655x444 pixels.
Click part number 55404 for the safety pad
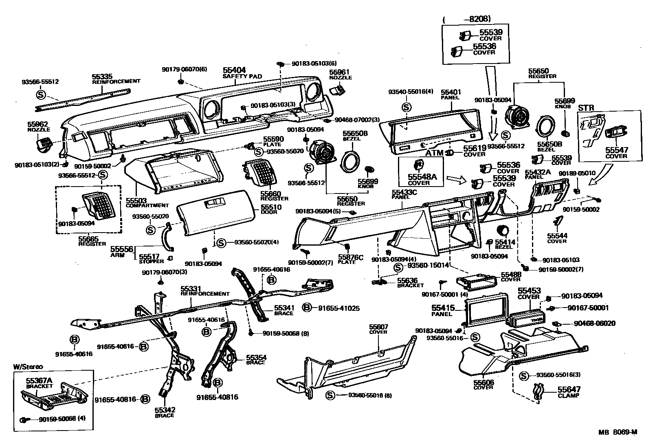point(234,70)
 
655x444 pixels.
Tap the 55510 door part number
point(271,207)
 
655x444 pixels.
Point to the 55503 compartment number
point(136,200)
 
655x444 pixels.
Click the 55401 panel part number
point(451,92)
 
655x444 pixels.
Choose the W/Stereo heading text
point(27,367)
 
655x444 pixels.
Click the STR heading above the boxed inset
point(586,108)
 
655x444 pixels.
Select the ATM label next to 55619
point(434,154)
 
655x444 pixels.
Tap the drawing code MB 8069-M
point(618,433)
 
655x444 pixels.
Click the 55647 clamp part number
point(569,389)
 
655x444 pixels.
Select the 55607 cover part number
point(379,327)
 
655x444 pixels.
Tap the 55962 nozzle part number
point(38,124)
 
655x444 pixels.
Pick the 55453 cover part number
point(529,291)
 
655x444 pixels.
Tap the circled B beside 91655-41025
point(308,308)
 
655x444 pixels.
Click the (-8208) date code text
point(467,19)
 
